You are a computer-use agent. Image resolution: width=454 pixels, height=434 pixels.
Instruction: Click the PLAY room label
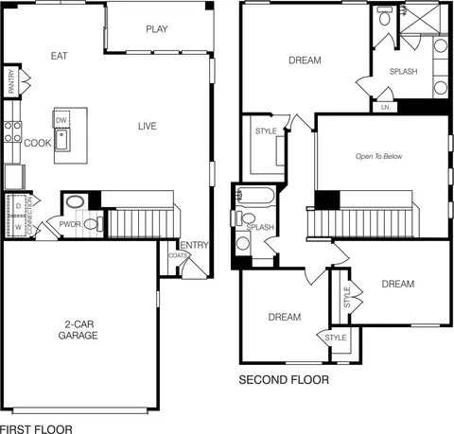point(157,29)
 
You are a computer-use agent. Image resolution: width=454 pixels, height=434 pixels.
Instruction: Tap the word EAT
point(59,56)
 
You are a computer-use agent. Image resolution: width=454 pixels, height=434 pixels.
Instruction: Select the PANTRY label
point(11,81)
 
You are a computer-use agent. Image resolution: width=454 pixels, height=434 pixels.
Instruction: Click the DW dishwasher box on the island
point(61,119)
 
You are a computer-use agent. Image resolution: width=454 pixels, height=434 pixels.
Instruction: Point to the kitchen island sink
point(62,140)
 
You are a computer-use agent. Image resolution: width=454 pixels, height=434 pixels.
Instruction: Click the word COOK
point(38,143)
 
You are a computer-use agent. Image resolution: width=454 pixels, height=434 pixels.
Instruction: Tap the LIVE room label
point(148,127)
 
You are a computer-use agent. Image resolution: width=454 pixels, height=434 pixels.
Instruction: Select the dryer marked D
point(18,206)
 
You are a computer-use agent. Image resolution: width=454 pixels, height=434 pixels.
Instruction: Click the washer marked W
point(18,226)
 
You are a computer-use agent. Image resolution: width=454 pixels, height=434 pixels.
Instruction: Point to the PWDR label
point(70,224)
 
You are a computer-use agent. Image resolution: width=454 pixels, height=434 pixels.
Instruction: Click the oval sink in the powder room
point(75,201)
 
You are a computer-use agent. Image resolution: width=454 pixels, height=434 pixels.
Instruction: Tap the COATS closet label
point(179,255)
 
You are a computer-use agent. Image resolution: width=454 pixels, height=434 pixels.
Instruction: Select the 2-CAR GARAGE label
point(78,330)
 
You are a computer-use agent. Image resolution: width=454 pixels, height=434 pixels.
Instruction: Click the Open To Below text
point(378,156)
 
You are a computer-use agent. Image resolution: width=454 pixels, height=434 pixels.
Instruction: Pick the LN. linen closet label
point(386,107)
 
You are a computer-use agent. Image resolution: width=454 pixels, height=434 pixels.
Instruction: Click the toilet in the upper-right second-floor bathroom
point(385,16)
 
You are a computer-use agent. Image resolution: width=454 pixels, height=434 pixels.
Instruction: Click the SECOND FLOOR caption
point(284,380)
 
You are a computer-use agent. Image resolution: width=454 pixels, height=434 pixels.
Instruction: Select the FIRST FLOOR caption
point(36,429)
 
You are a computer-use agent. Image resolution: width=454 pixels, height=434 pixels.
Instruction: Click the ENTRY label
point(194,245)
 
